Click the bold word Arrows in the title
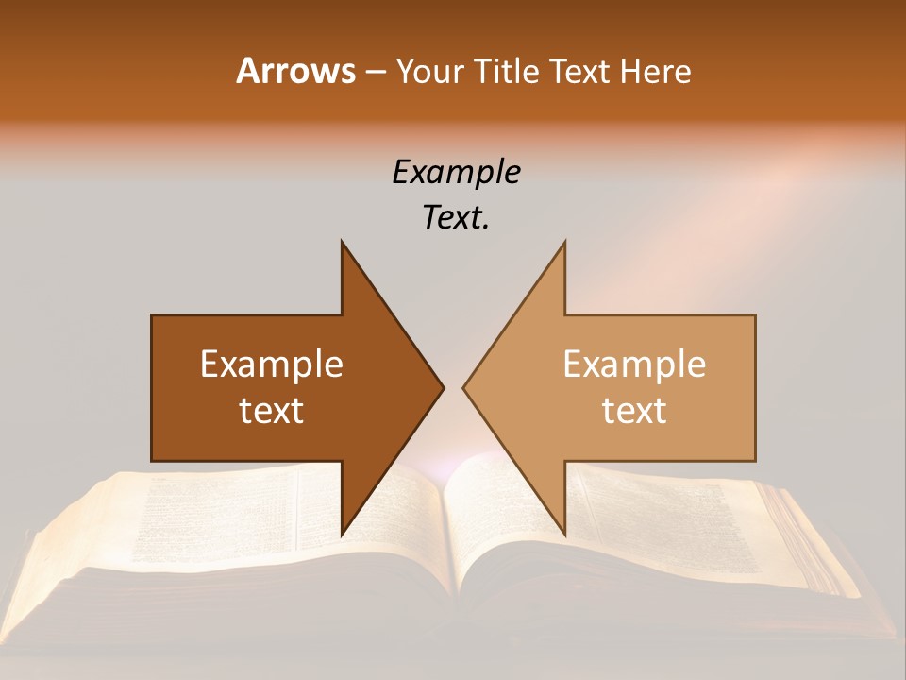295,71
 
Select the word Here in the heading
656,71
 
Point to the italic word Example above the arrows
456,172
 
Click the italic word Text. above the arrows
456,217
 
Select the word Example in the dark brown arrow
272,364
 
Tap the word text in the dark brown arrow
272,410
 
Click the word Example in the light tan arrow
634,364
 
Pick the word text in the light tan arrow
634,410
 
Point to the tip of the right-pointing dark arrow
443,387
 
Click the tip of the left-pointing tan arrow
463,387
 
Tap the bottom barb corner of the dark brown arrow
342,535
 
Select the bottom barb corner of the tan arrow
564,535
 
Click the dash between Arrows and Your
375,73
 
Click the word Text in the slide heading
582,71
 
